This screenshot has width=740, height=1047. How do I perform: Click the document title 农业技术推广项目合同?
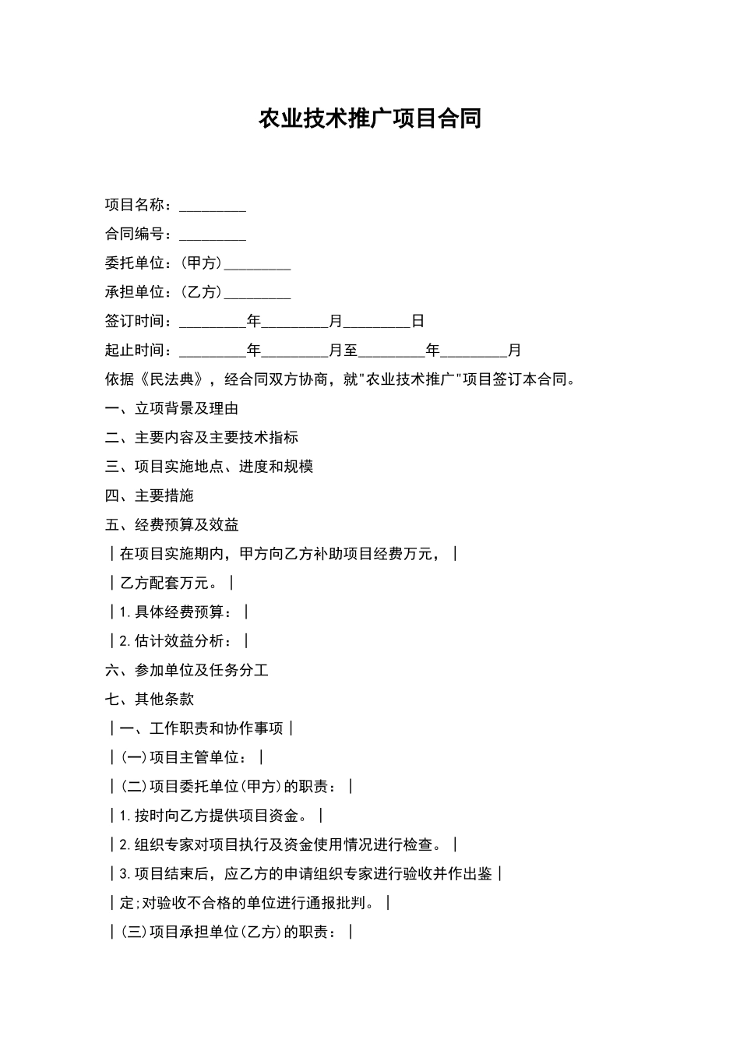point(369,118)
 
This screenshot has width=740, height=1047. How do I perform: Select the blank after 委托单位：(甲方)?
point(257,264)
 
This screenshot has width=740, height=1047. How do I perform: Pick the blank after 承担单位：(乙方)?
point(257,293)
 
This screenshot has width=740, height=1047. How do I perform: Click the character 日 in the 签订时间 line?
point(418,321)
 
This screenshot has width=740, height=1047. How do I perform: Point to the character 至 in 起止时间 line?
point(351,351)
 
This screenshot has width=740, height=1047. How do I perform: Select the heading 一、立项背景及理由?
point(171,409)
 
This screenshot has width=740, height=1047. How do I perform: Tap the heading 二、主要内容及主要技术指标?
point(201,438)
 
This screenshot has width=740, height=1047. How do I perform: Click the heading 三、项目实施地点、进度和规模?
point(209,467)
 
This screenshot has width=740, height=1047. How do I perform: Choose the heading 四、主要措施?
point(150,495)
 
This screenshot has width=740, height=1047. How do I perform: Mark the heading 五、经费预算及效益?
point(171,525)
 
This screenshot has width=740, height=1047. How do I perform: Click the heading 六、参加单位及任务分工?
point(186,670)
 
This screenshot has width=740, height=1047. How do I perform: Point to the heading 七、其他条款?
point(150,699)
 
